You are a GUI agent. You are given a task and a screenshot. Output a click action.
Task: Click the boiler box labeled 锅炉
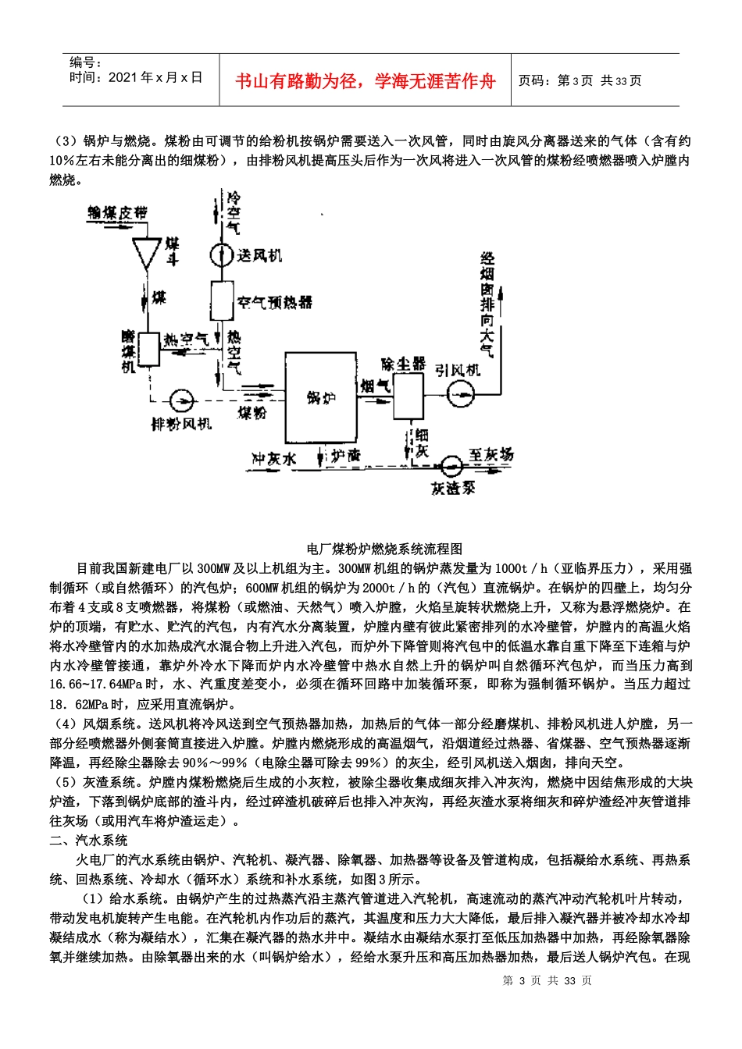(320, 397)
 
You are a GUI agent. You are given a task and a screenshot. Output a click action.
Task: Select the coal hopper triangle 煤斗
(146, 252)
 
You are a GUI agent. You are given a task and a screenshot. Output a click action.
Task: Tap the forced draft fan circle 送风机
(222, 255)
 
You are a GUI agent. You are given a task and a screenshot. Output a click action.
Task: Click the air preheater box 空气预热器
(222, 300)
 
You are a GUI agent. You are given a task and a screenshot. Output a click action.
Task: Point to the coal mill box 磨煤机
(148, 349)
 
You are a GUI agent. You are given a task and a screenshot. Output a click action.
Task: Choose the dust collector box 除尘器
(408, 395)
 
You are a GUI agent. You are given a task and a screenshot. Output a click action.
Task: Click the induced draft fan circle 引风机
(461, 393)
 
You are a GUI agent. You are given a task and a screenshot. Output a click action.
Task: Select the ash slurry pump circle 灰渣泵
(451, 466)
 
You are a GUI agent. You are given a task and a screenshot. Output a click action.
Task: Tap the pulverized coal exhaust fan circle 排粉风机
(181, 400)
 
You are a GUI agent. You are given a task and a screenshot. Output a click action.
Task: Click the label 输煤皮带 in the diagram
(117, 212)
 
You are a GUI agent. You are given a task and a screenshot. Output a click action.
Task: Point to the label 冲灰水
(273, 459)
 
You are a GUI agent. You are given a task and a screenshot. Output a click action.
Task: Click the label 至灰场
(491, 454)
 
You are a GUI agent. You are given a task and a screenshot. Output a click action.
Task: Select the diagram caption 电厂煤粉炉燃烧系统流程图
(385, 549)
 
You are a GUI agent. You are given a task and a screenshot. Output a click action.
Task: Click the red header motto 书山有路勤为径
(365, 81)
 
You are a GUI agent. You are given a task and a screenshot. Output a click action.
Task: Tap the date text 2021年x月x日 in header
(155, 77)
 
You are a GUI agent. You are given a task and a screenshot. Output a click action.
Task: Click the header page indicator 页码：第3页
(555, 81)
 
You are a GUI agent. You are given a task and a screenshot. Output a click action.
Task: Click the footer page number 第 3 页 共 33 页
(547, 980)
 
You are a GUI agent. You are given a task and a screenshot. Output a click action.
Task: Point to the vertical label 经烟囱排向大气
(487, 304)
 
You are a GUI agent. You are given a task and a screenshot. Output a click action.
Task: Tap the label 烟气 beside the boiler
(375, 386)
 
